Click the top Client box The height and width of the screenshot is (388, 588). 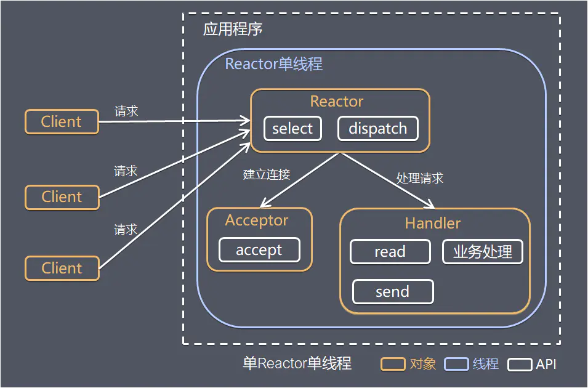(x=62, y=122)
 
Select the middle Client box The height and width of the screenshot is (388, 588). (x=62, y=197)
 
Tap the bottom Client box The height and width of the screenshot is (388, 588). (x=62, y=269)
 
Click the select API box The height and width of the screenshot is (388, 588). (x=292, y=129)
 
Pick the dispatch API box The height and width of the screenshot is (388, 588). (x=377, y=129)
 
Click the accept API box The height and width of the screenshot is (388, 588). (x=259, y=250)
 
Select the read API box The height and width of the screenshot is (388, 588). (x=390, y=252)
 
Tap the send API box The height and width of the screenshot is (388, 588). (x=392, y=292)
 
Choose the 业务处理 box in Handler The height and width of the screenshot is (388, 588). (x=483, y=252)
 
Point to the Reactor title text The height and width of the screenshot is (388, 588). (x=337, y=102)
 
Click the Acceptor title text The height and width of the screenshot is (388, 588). (x=257, y=220)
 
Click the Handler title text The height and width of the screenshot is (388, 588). (x=433, y=223)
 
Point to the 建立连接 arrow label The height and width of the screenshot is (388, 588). (x=266, y=174)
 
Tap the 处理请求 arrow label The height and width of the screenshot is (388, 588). (x=420, y=179)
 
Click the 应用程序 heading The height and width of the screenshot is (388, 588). (x=233, y=30)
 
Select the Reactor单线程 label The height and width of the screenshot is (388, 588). (x=273, y=64)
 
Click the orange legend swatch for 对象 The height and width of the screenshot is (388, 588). (x=393, y=364)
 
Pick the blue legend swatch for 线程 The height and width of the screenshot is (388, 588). (x=456, y=364)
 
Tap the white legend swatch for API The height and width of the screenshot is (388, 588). (x=520, y=364)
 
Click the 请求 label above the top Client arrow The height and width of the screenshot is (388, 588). (x=126, y=111)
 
